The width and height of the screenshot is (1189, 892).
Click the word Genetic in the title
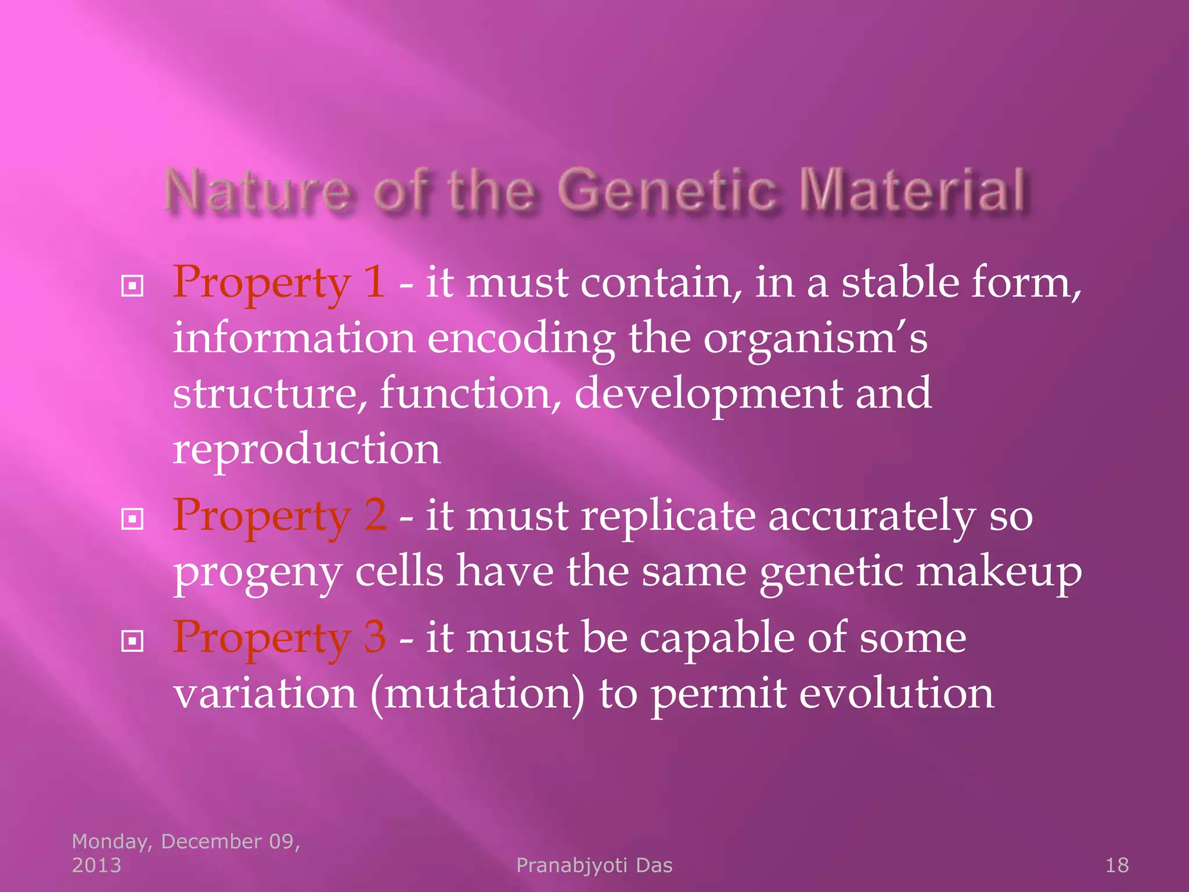click(668, 190)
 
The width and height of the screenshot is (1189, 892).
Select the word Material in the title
click(911, 190)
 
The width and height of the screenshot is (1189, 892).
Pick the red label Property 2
click(279, 516)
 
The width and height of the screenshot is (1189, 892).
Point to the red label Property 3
click(279, 638)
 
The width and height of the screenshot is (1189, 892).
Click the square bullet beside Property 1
click(132, 286)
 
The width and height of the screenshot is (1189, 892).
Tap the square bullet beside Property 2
click(132, 519)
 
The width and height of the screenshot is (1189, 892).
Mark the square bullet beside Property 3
click(132, 641)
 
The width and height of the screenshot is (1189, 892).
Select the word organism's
click(815, 339)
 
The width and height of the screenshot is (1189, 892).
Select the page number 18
click(1116, 865)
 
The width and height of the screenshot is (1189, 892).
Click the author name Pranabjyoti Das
click(594, 865)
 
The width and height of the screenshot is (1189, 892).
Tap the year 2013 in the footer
click(96, 865)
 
